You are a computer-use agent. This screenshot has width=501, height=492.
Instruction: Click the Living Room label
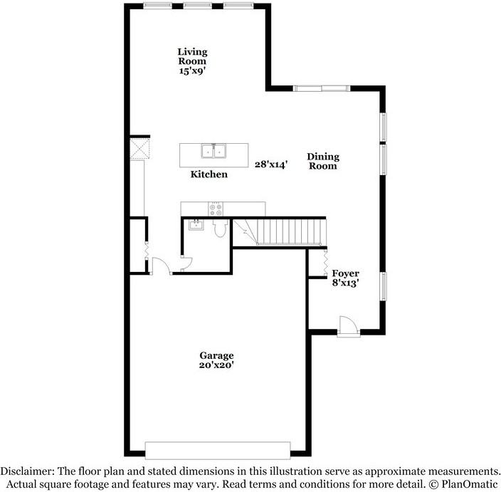click(192, 56)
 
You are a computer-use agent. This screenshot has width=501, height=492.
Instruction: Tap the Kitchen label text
click(209, 174)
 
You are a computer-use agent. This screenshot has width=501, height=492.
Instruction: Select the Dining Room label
click(322, 161)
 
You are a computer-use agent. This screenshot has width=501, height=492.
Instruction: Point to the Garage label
click(216, 355)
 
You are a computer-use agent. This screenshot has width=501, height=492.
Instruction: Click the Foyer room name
click(346, 273)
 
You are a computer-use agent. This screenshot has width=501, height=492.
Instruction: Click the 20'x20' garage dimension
click(216, 365)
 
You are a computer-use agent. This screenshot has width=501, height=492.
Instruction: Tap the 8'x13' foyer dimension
click(346, 283)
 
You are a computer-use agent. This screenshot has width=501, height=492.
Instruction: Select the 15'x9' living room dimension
click(192, 70)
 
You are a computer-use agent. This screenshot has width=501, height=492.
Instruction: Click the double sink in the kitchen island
click(213, 151)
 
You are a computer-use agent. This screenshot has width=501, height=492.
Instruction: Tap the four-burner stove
click(215, 209)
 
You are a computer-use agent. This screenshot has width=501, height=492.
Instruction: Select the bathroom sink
click(194, 225)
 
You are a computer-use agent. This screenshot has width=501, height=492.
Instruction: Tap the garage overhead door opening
click(217, 449)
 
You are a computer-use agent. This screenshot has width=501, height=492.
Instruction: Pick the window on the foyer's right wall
click(383, 286)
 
